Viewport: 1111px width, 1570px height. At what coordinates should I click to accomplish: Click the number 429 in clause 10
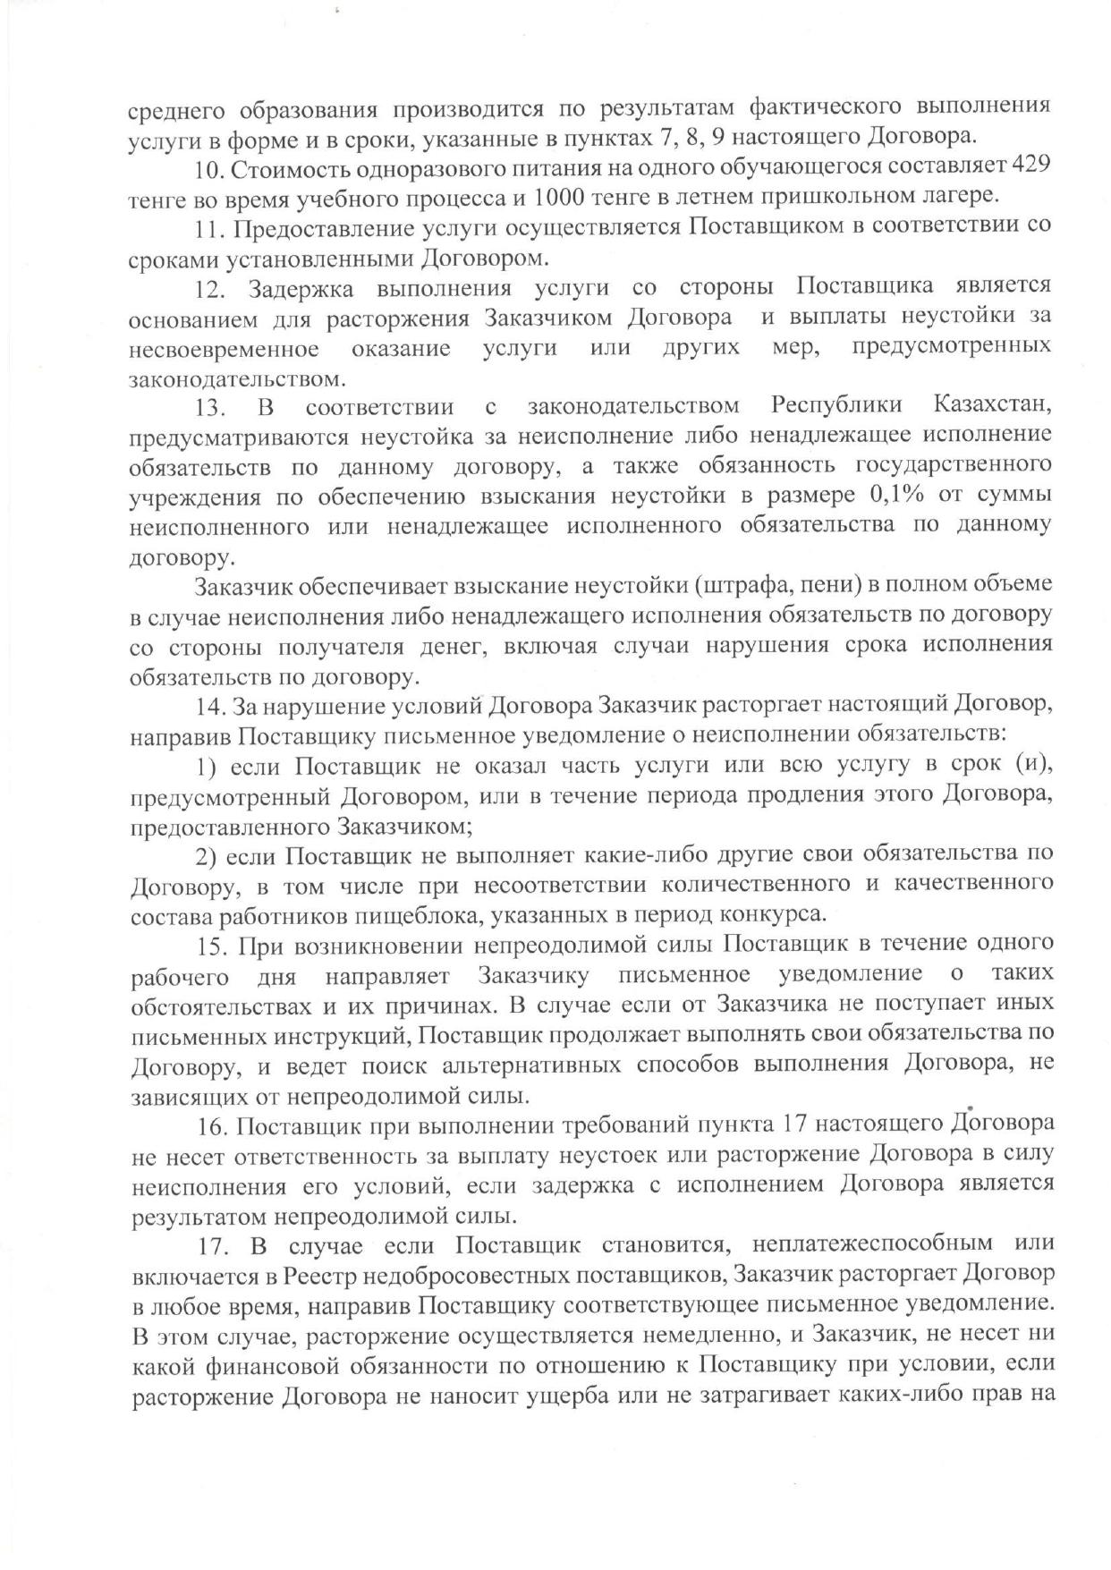pos(1030,167)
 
